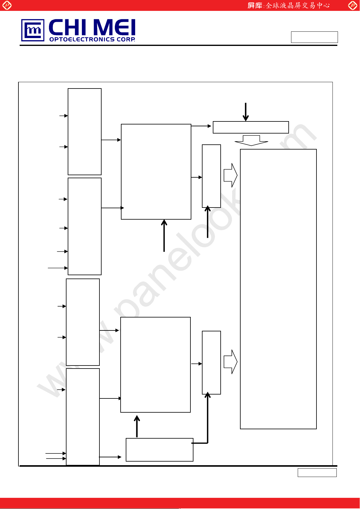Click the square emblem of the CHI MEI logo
tap(33, 30)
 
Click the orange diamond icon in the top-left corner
tap(7, 5)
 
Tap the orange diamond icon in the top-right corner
tap(352, 5)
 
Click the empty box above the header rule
tap(314, 37)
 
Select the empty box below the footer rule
tap(317, 472)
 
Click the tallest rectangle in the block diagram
tap(278, 289)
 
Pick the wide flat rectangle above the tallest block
tap(251, 127)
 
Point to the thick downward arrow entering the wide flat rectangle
tap(246, 112)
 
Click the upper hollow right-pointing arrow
tap(230, 175)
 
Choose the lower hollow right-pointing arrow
tap(230, 362)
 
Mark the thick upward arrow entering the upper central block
tap(164, 236)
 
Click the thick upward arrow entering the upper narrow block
tap(208, 222)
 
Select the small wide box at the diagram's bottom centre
tap(159, 449)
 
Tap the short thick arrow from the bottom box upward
tap(137, 426)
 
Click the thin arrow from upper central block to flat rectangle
tap(201, 126)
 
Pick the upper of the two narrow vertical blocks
tap(211, 176)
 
